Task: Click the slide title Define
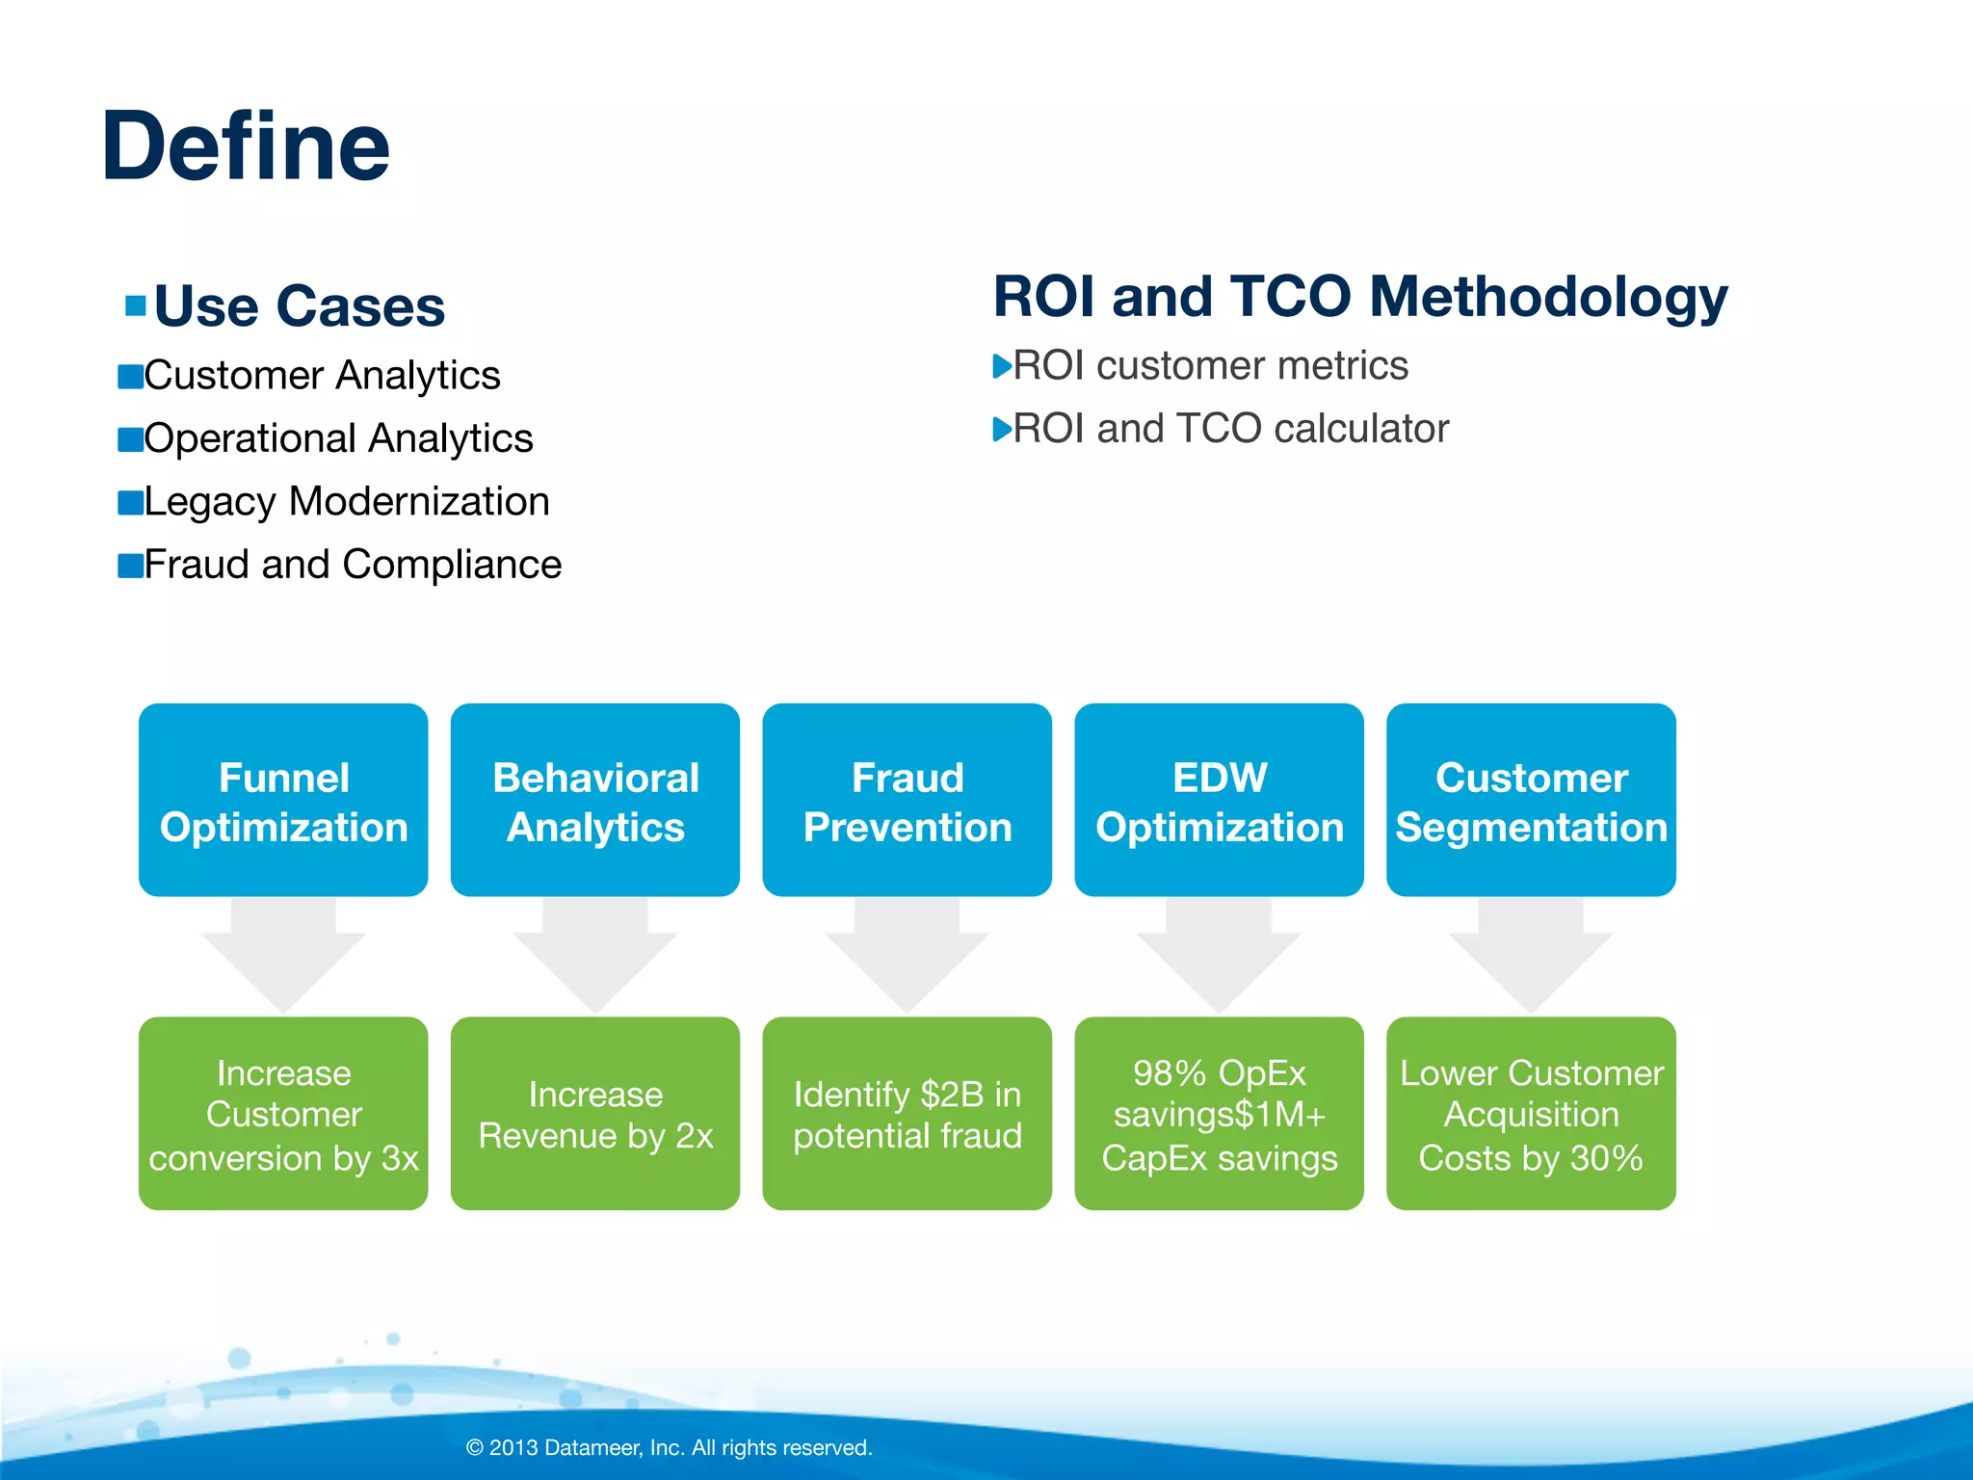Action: point(246,146)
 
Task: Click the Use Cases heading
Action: point(299,306)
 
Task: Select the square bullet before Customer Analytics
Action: point(130,376)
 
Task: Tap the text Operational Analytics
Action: point(338,438)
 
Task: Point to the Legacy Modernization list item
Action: point(347,502)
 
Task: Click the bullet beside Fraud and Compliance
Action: point(130,566)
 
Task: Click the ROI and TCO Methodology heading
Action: point(1359,296)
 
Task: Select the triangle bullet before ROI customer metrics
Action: point(1002,366)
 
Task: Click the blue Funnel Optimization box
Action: point(283,800)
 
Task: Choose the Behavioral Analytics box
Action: point(595,800)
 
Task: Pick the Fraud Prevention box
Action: point(907,800)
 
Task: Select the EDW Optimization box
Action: point(1219,800)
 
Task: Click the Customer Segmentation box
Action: point(1531,800)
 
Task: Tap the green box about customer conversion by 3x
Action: point(283,1114)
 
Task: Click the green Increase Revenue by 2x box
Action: point(595,1114)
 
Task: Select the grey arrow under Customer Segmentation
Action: point(1531,954)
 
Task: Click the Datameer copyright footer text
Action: point(669,1447)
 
